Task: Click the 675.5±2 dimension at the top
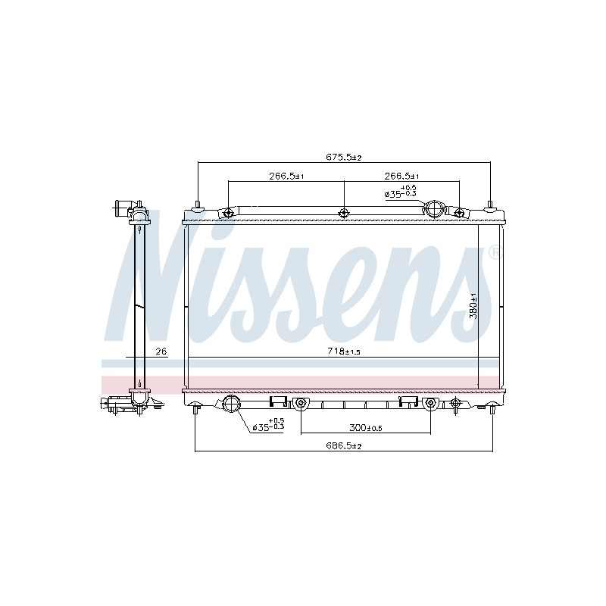(343, 158)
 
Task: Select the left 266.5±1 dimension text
(286, 176)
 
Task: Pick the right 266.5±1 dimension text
(401, 176)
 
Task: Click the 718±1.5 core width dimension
(344, 351)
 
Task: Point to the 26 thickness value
(161, 351)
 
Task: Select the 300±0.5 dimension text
(366, 428)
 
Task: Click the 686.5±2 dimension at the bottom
(344, 445)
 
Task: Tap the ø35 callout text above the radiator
(401, 192)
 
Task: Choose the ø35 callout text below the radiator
(268, 424)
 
